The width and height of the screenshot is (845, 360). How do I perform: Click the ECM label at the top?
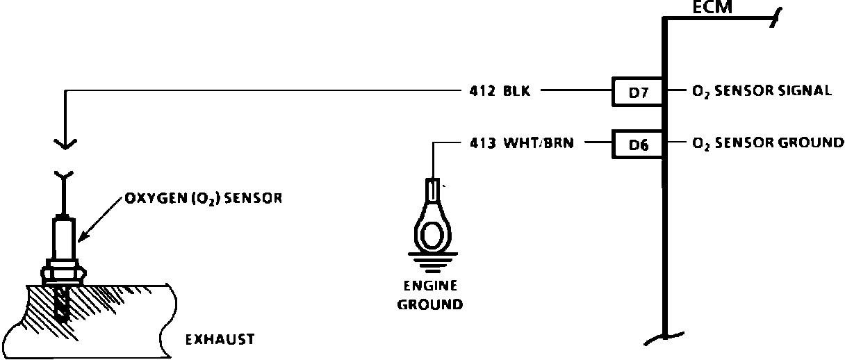pos(714,8)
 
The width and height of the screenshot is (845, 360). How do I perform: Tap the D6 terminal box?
pos(637,145)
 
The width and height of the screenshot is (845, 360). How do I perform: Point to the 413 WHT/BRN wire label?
pos(521,144)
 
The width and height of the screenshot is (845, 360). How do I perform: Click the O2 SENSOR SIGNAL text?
pos(762,91)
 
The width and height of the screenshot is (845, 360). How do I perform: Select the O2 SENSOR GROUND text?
pos(768,144)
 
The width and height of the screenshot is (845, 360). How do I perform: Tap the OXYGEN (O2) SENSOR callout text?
pos(203,197)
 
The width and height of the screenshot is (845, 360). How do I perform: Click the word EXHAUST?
pos(219,340)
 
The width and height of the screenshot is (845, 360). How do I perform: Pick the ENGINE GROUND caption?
pos(430,295)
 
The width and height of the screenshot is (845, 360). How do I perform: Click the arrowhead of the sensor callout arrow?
pos(80,240)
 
